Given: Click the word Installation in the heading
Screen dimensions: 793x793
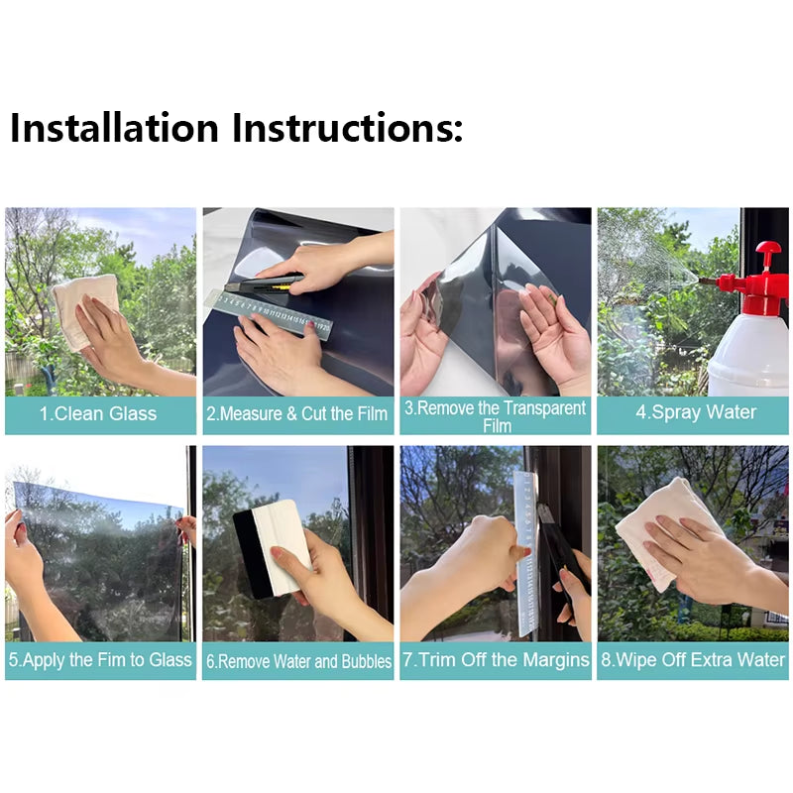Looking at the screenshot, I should coord(114,128).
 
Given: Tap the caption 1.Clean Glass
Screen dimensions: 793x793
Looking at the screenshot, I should coord(99,413).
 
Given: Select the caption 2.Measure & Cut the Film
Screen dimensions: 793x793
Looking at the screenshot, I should coord(296,413).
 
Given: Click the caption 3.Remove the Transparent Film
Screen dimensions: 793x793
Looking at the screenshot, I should coord(496,416).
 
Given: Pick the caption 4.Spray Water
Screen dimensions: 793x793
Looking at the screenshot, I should coord(694,413).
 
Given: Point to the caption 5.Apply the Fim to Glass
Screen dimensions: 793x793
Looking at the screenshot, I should coord(99,659).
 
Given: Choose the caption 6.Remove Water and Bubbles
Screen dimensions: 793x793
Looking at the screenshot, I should coord(297,661).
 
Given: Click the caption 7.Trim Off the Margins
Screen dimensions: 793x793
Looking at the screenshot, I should coord(496,660).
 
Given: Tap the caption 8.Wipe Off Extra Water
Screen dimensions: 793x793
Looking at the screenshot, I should coord(693,659).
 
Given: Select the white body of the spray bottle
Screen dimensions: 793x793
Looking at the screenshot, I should coord(748,352).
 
